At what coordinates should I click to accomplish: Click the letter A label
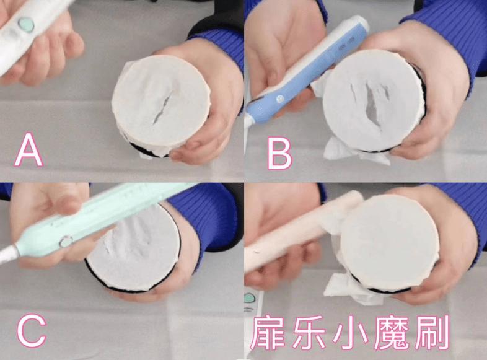point(29,151)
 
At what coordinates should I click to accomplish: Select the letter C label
point(31,332)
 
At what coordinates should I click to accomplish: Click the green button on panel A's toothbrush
point(26,25)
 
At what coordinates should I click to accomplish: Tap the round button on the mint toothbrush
point(64,241)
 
